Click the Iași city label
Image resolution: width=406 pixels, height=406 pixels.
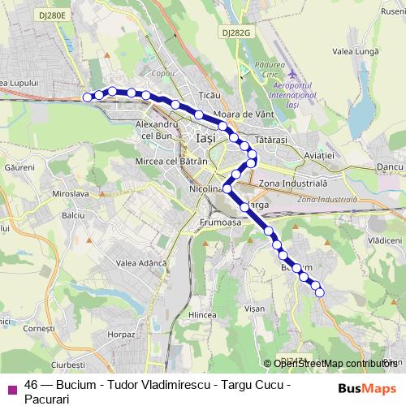coord(206,140)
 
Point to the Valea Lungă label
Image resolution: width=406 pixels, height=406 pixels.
coord(353,50)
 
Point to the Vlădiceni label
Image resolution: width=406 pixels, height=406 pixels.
coord(385,241)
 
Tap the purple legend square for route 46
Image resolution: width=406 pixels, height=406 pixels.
coord(11,388)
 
